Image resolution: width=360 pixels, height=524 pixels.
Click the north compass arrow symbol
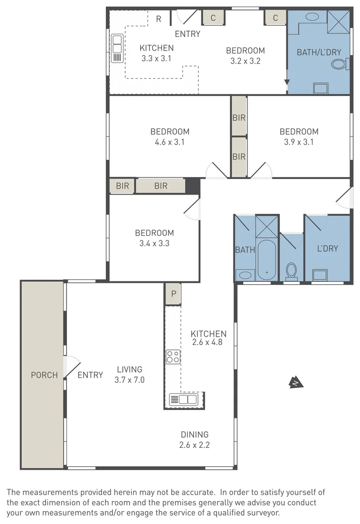(x=296, y=383)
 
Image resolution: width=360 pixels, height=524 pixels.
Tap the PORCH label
(x=44, y=375)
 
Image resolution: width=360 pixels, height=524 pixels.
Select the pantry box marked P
(x=172, y=294)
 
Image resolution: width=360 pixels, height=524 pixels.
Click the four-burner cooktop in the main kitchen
(x=173, y=357)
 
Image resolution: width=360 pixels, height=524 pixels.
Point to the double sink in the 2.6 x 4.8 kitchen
(x=183, y=399)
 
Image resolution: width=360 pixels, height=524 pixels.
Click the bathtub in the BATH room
(x=266, y=259)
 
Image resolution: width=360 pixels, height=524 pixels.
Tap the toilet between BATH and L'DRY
(x=292, y=271)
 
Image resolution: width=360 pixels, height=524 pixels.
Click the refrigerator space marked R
(x=158, y=19)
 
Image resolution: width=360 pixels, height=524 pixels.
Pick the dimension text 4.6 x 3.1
(x=169, y=142)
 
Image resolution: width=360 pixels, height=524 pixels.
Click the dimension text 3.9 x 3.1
(x=299, y=142)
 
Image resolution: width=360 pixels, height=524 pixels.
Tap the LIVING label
(x=130, y=369)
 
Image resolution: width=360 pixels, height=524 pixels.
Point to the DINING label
(x=195, y=434)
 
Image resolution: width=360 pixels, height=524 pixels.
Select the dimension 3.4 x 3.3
(x=154, y=244)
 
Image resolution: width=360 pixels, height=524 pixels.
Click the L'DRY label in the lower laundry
(x=327, y=248)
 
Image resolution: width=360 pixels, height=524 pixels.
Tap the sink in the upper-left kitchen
(x=117, y=49)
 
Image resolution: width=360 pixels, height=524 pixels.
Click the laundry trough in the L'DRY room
(x=320, y=275)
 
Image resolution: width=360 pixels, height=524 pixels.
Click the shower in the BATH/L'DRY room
(x=338, y=20)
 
